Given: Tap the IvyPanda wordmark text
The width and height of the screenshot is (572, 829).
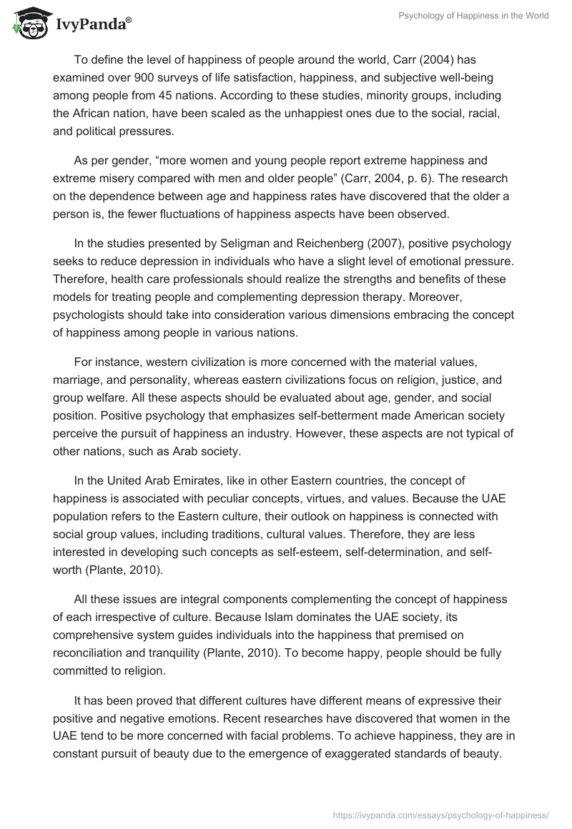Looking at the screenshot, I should [x=91, y=24].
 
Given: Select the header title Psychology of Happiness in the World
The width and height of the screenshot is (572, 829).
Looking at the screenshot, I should [x=473, y=16].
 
